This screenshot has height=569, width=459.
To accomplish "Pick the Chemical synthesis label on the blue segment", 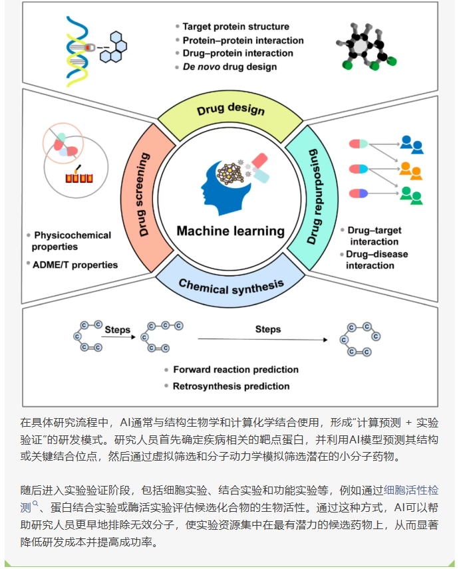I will pyautogui.click(x=231, y=286).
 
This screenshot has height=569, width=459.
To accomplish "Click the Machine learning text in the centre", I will pyautogui.click(x=230, y=231).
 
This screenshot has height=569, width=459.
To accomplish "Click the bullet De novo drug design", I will pyautogui.click(x=230, y=66).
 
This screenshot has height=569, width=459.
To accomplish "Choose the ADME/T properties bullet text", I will pyautogui.click(x=75, y=265).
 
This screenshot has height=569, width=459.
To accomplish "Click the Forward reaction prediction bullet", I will pyautogui.click(x=235, y=370).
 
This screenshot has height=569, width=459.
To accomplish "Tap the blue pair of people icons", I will pyautogui.click(x=412, y=144).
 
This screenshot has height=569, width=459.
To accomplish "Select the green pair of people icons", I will pyautogui.click(x=412, y=195).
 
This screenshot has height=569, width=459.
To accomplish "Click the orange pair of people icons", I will pyautogui.click(x=412, y=170).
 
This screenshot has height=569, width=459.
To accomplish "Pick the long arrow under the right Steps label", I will pyautogui.click(x=263, y=340).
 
